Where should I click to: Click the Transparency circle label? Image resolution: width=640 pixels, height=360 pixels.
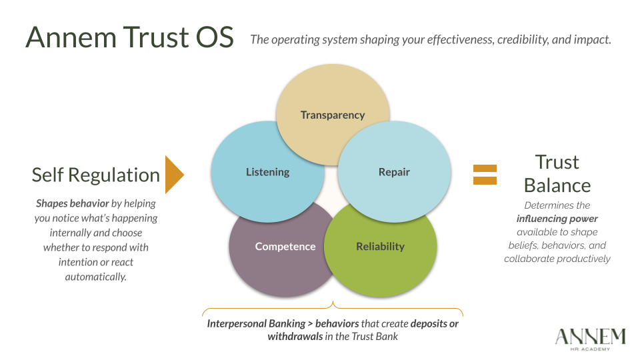pyautogui.click(x=333, y=115)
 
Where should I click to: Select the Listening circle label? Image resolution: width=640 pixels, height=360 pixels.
pyautogui.click(x=268, y=172)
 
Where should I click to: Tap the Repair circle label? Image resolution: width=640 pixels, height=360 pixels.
pyautogui.click(x=394, y=172)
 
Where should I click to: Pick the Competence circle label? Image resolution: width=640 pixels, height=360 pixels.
pyautogui.click(x=285, y=247)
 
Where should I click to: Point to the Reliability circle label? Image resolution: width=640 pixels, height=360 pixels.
pyautogui.click(x=380, y=247)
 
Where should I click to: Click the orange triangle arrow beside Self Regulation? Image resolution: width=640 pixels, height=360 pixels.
pyautogui.click(x=173, y=175)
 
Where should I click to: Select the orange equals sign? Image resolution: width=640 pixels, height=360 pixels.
pyautogui.click(x=485, y=175)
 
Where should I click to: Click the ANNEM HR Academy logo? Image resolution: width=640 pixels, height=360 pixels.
pyautogui.click(x=590, y=338)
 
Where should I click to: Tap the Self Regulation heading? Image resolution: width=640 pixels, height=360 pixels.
pyautogui.click(x=96, y=175)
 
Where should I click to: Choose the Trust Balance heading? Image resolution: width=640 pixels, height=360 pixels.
pyautogui.click(x=557, y=173)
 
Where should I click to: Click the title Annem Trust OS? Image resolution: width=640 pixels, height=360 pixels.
pyautogui.click(x=130, y=37)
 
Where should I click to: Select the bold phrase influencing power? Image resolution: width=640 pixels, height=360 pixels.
pyautogui.click(x=557, y=219)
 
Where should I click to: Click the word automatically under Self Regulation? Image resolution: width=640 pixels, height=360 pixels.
pyautogui.click(x=96, y=276)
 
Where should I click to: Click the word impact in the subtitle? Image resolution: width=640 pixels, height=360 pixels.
pyautogui.click(x=595, y=39)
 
